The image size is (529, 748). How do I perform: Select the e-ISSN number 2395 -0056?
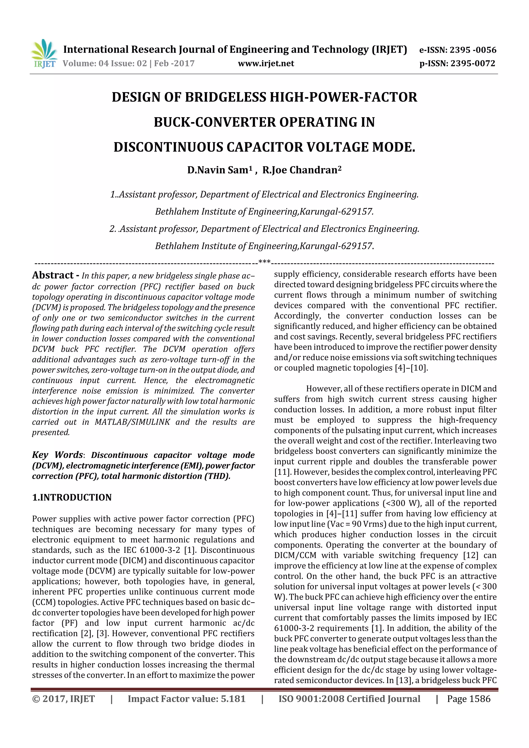point(473,50)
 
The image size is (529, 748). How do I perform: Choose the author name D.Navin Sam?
point(220,170)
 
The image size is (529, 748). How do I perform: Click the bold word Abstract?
point(53,275)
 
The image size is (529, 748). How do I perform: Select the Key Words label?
point(57,455)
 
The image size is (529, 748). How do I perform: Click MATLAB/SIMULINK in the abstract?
point(132,422)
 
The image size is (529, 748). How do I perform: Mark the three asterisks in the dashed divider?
point(264,262)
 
